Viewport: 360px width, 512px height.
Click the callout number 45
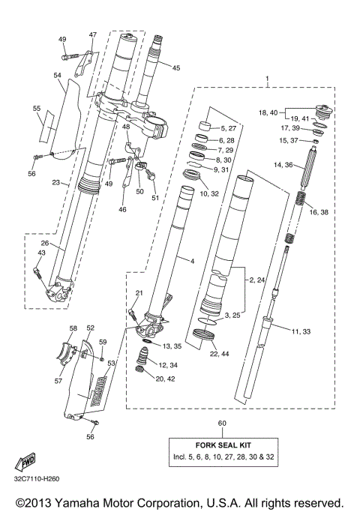tap(176, 68)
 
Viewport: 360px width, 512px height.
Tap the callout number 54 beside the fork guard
tap(57, 76)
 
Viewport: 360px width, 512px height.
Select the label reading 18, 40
tap(268, 112)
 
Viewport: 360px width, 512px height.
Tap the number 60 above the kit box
tap(221, 424)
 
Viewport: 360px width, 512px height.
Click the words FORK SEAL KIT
tap(221, 443)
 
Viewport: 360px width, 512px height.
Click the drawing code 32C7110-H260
tap(40, 479)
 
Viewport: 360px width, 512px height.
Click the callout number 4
tap(192, 260)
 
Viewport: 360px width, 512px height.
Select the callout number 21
tap(139, 292)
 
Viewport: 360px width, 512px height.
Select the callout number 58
tap(73, 328)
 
